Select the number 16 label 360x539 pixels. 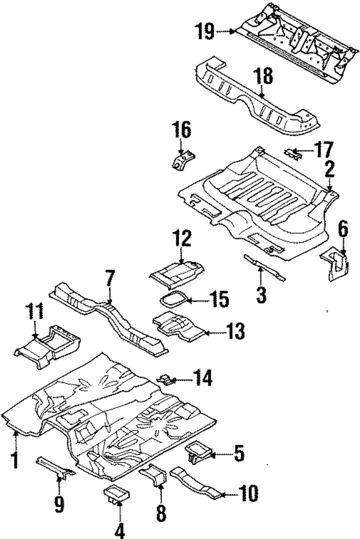[182, 131]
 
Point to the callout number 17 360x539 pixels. [323, 150]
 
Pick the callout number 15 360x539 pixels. [217, 298]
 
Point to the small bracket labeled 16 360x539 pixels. [181, 161]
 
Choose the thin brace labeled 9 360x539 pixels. [56, 466]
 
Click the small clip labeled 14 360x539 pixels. [168, 380]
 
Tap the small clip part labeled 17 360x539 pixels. [291, 151]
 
